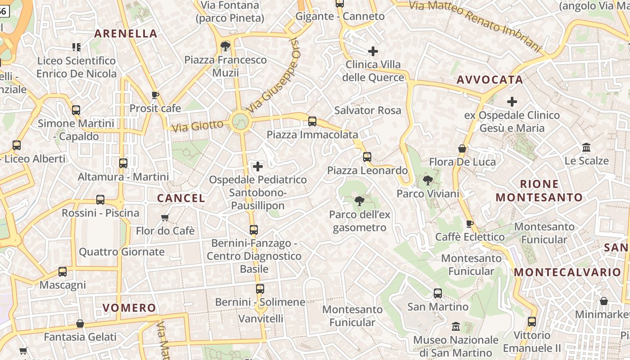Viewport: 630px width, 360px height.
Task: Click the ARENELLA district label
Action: click(x=126, y=34)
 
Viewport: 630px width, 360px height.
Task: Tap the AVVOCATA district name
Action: click(x=490, y=80)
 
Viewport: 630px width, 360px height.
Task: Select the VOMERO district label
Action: click(x=129, y=308)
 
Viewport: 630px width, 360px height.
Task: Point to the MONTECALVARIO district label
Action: click(x=567, y=272)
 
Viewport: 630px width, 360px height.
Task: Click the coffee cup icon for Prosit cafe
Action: click(x=155, y=95)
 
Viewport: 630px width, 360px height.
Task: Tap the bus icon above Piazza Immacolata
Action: click(x=312, y=121)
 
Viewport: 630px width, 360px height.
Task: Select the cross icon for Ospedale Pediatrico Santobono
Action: click(x=258, y=167)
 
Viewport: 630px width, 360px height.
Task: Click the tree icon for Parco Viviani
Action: click(x=427, y=181)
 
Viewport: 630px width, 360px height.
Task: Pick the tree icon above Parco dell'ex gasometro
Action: click(x=359, y=201)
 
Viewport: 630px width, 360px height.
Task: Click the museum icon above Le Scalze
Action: click(x=586, y=148)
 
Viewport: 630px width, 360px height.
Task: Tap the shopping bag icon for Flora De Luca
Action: click(x=462, y=148)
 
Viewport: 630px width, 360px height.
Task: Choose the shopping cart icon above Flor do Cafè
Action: click(x=165, y=218)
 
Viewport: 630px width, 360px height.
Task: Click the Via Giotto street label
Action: click(x=198, y=126)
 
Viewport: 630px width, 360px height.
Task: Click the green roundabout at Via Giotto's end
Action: click(x=240, y=121)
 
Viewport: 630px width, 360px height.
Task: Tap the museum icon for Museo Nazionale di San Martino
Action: click(x=455, y=326)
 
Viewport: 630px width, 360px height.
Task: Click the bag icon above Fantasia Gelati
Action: click(x=80, y=324)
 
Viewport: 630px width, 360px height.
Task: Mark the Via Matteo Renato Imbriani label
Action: click(x=475, y=25)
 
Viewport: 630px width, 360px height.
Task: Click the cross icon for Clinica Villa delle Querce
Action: click(x=373, y=51)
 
